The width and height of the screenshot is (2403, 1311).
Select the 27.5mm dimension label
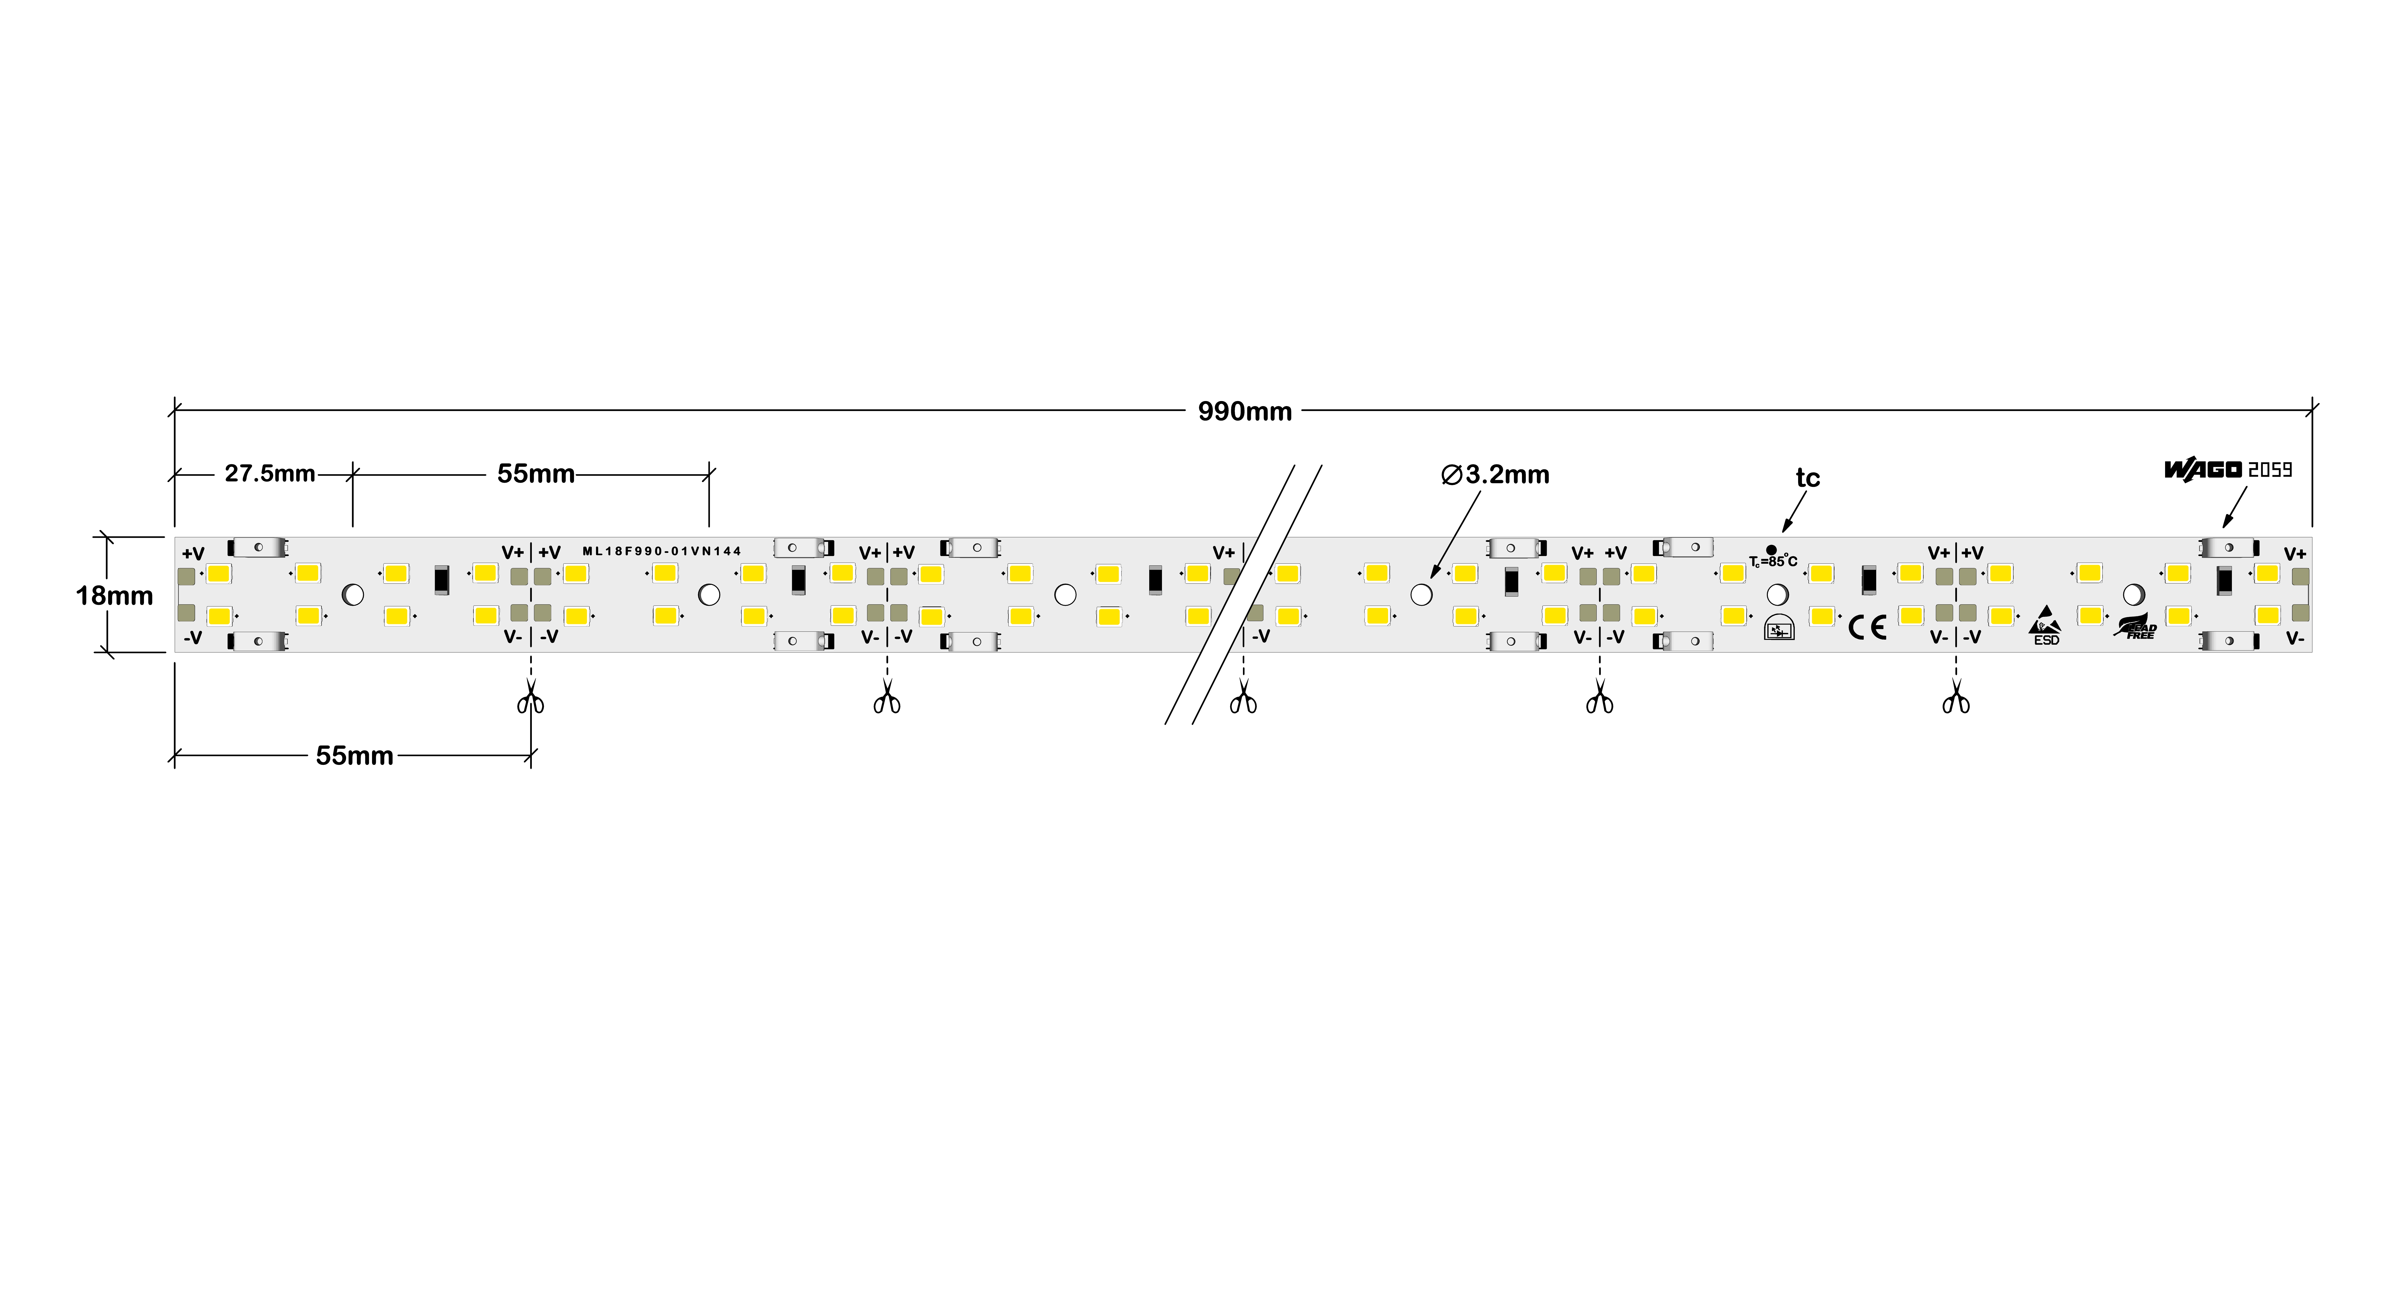270,474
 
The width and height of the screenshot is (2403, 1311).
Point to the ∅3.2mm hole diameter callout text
1495,475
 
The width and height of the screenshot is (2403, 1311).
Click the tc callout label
1807,478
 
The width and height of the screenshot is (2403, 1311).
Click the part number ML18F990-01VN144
661,551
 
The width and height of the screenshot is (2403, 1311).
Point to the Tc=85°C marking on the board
1772,560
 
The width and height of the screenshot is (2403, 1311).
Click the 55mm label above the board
535,474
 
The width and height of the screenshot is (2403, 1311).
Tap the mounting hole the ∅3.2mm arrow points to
1421,594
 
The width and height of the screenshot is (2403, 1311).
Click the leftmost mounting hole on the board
353,594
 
